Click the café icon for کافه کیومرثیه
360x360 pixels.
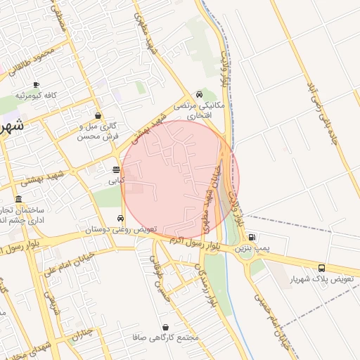tap(36, 84)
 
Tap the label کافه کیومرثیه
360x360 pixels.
tap(36, 95)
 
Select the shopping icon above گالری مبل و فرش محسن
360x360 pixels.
tap(98, 116)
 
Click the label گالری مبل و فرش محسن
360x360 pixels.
tap(98, 131)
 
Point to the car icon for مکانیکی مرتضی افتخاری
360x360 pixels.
tap(200, 94)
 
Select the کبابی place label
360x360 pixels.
tap(116, 181)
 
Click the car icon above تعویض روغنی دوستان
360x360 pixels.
tap(122, 218)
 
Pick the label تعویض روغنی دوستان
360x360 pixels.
tap(121, 229)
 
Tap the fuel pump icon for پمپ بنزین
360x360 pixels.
tap(252, 237)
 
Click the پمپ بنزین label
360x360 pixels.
tap(252, 248)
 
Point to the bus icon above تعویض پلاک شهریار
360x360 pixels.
tap(322, 268)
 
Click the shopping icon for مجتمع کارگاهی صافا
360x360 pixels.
tap(165, 327)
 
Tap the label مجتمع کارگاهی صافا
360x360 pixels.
tap(165, 338)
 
